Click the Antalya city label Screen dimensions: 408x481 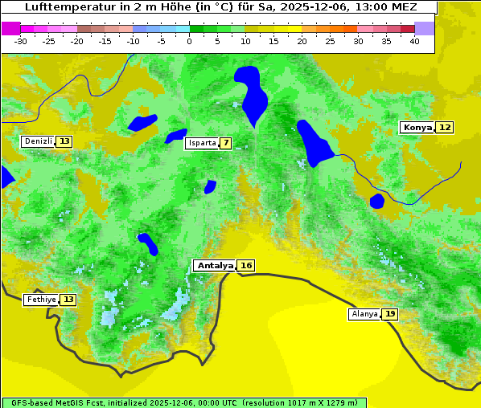(x=215, y=265)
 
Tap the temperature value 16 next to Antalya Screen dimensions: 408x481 (x=246, y=265)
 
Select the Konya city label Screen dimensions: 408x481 (x=417, y=127)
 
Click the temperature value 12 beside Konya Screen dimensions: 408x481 (x=445, y=127)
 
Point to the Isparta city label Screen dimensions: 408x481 (x=201, y=143)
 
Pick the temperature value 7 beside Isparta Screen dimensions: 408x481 (x=226, y=143)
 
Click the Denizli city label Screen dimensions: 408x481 (x=38, y=141)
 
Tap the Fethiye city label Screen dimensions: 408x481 (x=41, y=300)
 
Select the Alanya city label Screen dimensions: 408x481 (x=364, y=314)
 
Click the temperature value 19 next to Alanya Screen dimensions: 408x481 (x=390, y=314)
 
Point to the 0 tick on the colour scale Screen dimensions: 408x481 (x=190, y=40)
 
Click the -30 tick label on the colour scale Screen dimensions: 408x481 (x=21, y=40)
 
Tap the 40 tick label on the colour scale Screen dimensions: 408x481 (x=414, y=40)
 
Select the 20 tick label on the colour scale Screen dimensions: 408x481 (x=302, y=40)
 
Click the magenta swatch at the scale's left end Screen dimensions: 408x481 (x=11, y=28)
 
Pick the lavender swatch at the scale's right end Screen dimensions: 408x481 (x=425, y=28)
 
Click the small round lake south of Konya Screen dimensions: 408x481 (x=377, y=201)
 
